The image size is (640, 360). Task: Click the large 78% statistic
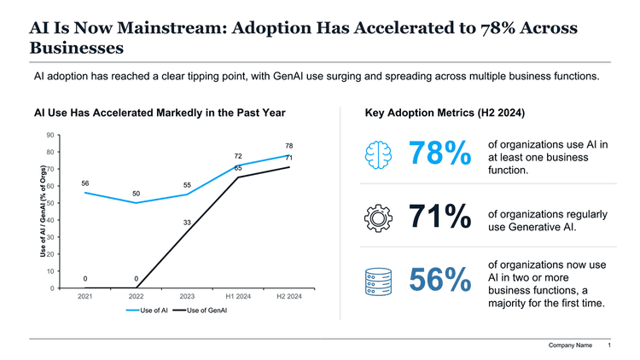coord(439,155)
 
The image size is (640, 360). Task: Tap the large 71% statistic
coord(439,218)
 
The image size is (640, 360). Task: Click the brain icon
coord(377,154)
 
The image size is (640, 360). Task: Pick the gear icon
coord(377,218)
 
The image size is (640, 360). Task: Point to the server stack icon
coord(377,282)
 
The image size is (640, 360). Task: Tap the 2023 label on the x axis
coord(187,297)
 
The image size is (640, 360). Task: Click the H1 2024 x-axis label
coord(237,297)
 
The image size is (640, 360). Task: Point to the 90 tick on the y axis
coord(51,135)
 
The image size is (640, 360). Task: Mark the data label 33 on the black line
coord(187,222)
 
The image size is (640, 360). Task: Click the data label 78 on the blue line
coord(288,146)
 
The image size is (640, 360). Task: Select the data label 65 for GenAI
coord(238,168)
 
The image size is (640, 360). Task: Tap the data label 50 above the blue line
coord(136,193)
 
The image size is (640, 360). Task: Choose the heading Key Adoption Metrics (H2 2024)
coord(444,112)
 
